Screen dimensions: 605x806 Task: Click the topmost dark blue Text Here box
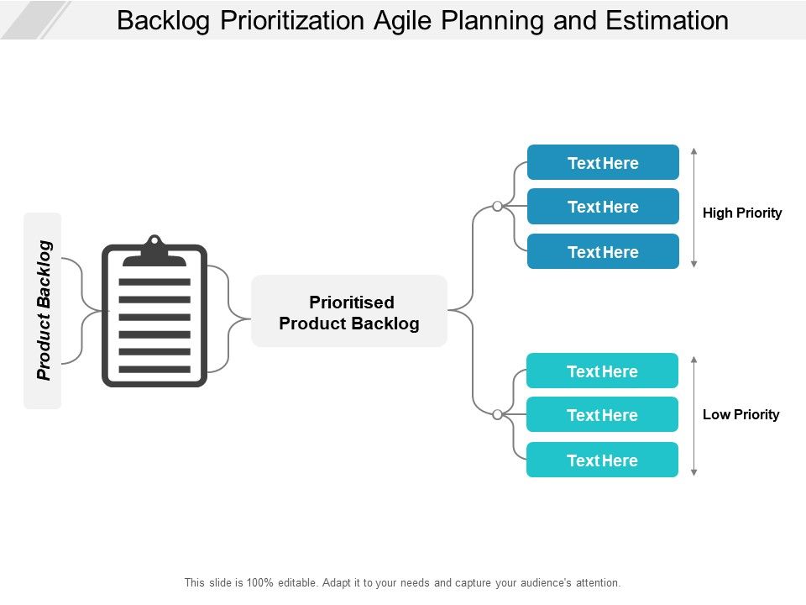click(x=603, y=163)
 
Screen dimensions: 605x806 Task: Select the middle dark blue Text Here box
click(x=603, y=207)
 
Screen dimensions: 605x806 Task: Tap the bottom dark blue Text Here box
click(x=603, y=252)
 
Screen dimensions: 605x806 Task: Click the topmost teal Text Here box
click(x=602, y=371)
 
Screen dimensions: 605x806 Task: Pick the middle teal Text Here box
click(x=602, y=415)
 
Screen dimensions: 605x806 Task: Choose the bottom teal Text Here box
click(x=602, y=460)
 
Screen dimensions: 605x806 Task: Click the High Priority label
click(x=742, y=213)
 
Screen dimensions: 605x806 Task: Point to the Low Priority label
click(x=741, y=414)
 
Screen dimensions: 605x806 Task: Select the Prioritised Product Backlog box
click(x=349, y=312)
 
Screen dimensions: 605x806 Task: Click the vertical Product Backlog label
click(x=44, y=311)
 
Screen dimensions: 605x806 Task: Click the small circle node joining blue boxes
click(x=497, y=206)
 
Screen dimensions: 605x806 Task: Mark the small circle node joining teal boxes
click(x=497, y=414)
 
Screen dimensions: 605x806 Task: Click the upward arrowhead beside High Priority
click(x=693, y=152)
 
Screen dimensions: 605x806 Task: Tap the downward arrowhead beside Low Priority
click(x=693, y=473)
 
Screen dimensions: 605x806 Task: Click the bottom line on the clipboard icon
click(x=154, y=370)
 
